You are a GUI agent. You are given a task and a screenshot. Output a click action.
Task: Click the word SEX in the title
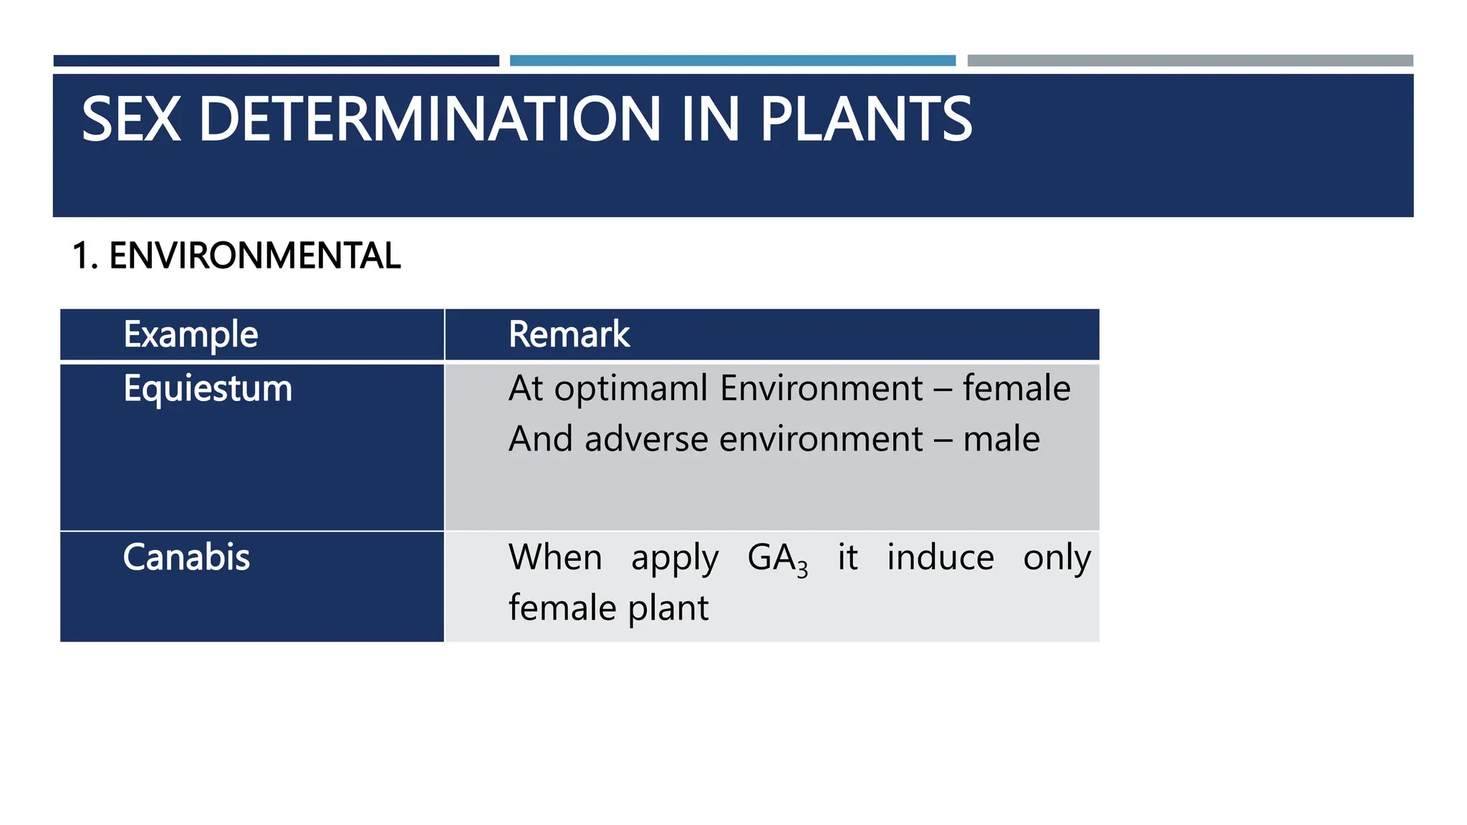(130, 120)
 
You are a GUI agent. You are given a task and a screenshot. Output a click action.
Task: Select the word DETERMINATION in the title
(429, 120)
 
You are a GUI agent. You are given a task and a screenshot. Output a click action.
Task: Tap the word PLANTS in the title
(865, 120)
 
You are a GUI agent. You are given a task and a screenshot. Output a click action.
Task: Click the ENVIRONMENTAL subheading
(254, 256)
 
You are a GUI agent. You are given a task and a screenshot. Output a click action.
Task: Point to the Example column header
(191, 334)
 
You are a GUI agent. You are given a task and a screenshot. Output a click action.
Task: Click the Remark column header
(569, 334)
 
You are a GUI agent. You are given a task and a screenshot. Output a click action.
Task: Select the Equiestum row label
(208, 389)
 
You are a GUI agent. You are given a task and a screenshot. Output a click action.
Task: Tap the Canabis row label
(186, 557)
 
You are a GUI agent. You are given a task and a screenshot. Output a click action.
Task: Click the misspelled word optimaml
(630, 390)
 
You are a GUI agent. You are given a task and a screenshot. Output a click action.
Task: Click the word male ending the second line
(1001, 439)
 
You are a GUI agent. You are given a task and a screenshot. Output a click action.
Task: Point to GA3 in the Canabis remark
(777, 559)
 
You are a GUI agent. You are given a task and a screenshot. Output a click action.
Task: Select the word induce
(940, 557)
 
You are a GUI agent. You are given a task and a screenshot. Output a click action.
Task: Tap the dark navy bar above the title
(276, 61)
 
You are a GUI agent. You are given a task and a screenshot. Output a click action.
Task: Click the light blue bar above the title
(732, 61)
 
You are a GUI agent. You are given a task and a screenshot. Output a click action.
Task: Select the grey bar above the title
(1190, 61)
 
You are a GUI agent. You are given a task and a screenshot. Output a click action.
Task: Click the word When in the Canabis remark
(555, 557)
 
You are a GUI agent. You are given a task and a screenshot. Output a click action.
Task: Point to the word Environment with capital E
(821, 389)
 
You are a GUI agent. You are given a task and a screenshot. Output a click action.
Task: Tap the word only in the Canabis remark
(1057, 559)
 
